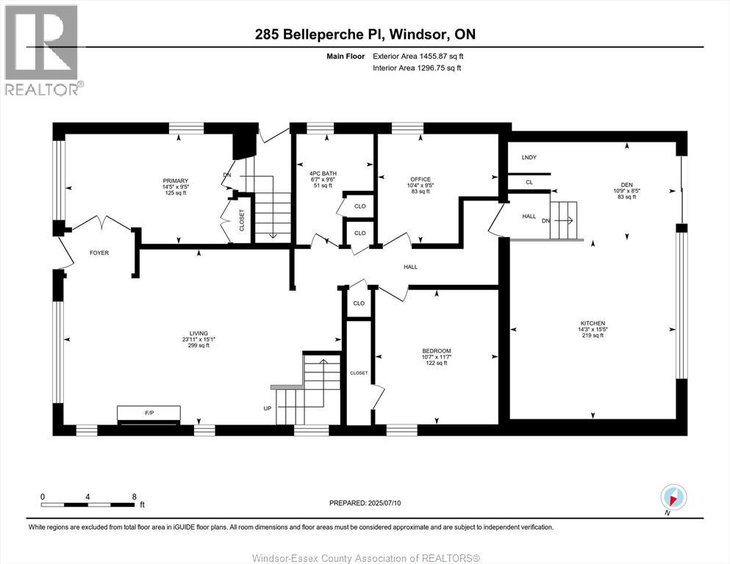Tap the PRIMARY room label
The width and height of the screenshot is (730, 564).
[176, 181]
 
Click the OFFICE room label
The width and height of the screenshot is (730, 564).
[421, 179]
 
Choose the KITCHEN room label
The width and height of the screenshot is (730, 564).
[593, 323]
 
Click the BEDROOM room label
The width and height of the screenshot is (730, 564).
[437, 350]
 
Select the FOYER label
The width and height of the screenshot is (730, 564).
[99, 253]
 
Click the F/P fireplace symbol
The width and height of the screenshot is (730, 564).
[148, 414]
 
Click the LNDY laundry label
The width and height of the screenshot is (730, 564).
[529, 158]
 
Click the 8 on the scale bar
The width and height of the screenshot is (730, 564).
[134, 496]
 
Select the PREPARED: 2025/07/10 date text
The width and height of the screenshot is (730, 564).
[365, 503]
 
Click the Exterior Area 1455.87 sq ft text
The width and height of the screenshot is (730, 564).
[418, 56]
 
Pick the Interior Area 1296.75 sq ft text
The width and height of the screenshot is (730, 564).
[418, 68]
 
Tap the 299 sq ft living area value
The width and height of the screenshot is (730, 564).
[198, 346]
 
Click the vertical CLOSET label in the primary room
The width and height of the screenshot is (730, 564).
[242, 220]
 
